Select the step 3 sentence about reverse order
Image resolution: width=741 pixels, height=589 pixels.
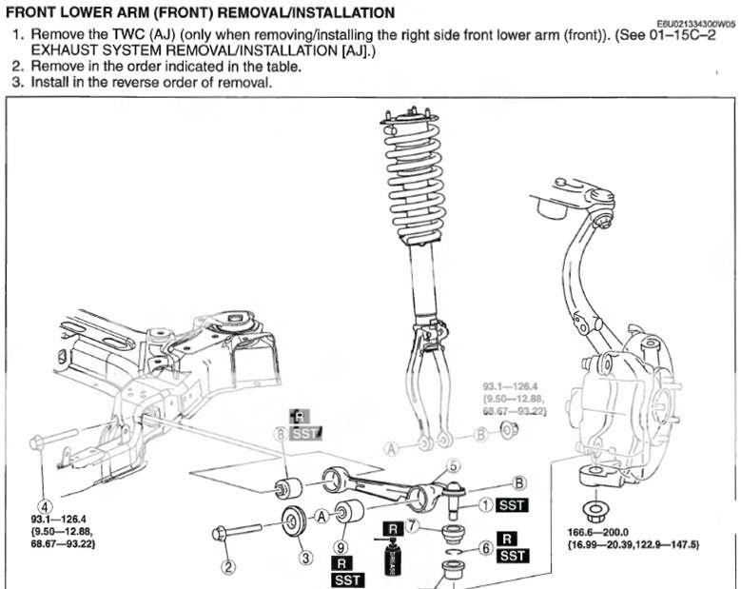point(151,83)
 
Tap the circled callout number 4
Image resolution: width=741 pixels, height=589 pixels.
point(44,505)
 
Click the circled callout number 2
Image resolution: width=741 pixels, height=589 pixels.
point(227,568)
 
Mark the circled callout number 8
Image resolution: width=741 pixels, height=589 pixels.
point(281,434)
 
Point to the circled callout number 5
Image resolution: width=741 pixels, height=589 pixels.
point(453,465)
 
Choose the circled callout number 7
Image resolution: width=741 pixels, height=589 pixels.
point(412,525)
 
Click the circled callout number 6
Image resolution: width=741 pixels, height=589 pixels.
point(484,548)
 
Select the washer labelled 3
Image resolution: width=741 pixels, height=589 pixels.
point(292,522)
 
